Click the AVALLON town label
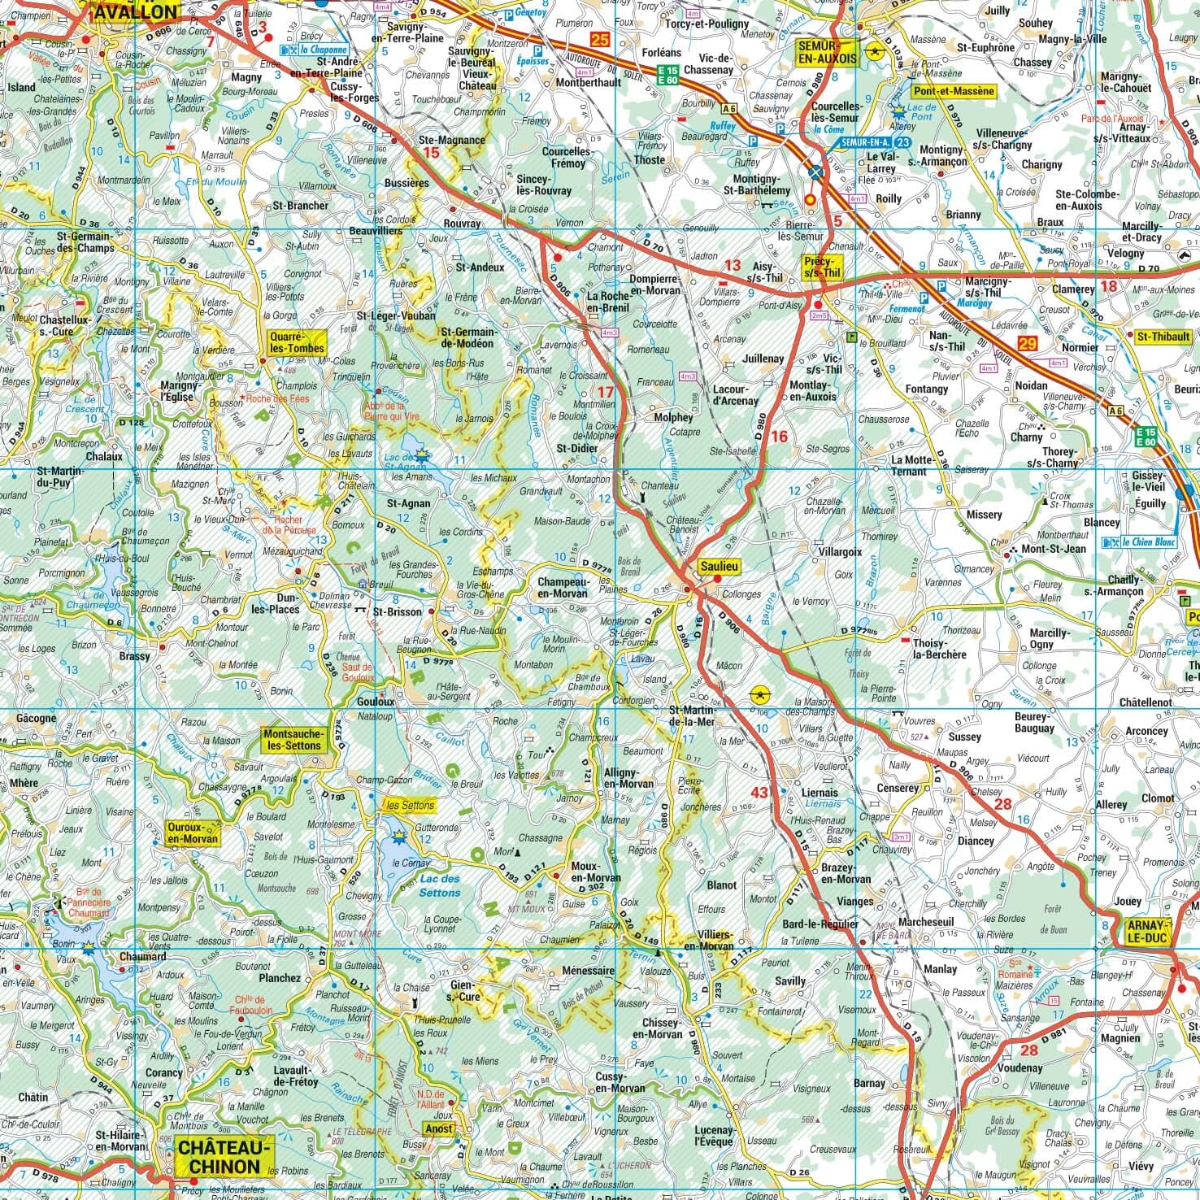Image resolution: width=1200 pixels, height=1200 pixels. [136, 11]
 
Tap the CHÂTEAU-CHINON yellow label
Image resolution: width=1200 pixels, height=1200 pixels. [220, 1156]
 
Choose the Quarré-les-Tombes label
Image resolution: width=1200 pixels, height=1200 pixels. [298, 342]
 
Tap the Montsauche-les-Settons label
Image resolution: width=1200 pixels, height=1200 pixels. [293, 739]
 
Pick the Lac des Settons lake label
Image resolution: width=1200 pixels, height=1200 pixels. [439, 885]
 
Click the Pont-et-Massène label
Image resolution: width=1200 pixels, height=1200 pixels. [954, 91]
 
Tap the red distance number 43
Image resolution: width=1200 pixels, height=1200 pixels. [759, 793]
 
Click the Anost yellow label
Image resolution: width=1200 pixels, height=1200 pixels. [439, 1128]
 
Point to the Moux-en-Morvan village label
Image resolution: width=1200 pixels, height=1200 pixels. [595, 872]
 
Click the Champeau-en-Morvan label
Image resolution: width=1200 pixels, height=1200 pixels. [562, 587]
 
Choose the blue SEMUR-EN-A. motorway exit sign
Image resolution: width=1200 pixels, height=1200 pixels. [867, 141]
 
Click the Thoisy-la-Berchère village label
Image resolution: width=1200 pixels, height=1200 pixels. [939, 648]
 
